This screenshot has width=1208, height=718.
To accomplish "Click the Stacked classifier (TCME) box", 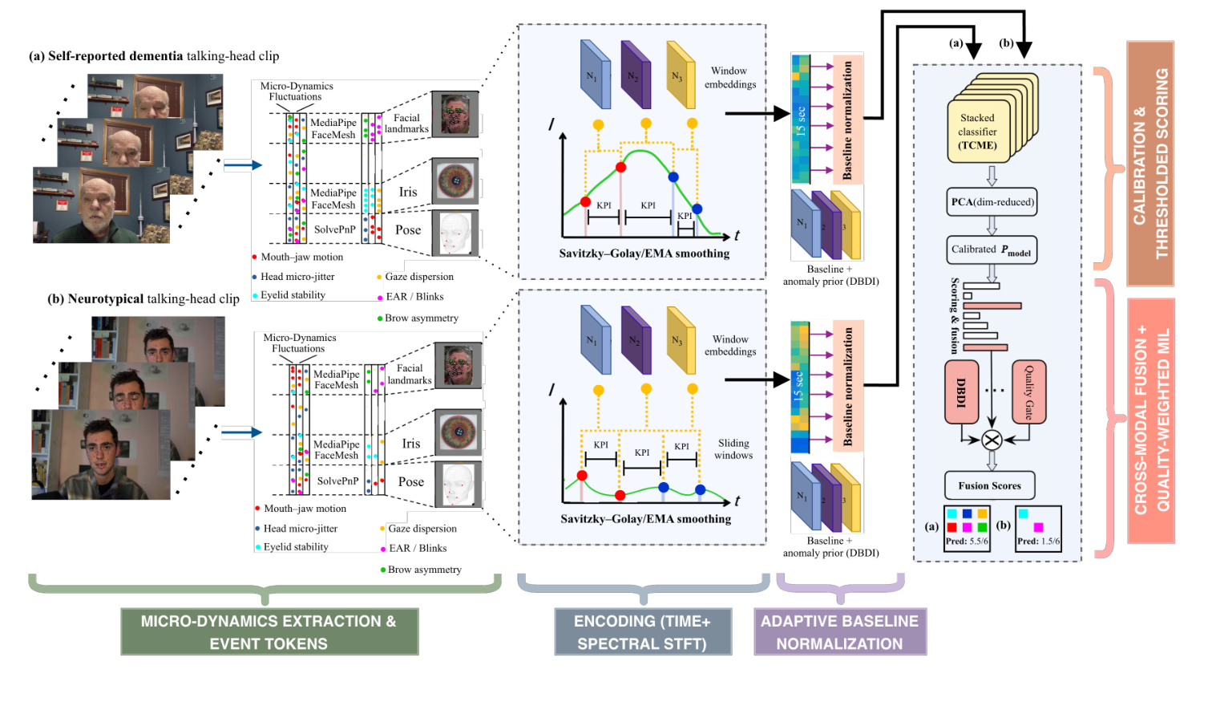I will (978, 132).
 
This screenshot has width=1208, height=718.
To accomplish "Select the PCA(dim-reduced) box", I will (992, 202).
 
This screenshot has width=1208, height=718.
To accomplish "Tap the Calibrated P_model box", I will (992, 249).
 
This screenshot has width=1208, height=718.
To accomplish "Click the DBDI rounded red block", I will (961, 392).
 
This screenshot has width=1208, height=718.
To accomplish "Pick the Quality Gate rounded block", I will (1029, 392).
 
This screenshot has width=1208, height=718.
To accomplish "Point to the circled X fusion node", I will (992, 440).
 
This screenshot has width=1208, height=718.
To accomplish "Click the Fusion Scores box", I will (989, 485).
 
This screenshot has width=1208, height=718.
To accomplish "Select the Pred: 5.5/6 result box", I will (967, 528).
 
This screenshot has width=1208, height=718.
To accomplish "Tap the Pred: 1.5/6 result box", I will (1038, 528).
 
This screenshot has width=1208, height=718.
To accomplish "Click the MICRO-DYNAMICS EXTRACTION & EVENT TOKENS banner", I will (269, 631).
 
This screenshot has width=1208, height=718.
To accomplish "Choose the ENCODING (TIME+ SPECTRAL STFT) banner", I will (642, 631).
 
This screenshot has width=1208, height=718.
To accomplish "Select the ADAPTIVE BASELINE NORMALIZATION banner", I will (839, 631).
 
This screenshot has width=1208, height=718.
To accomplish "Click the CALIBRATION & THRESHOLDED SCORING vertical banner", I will (1150, 164).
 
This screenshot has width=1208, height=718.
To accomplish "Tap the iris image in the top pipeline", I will (455, 181).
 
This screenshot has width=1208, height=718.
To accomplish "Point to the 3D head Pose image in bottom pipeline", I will (459, 485).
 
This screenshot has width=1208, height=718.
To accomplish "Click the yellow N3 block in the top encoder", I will (680, 75).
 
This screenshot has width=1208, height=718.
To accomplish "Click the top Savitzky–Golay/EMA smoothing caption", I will (644, 254).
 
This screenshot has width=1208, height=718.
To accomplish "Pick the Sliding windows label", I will (733, 449).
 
